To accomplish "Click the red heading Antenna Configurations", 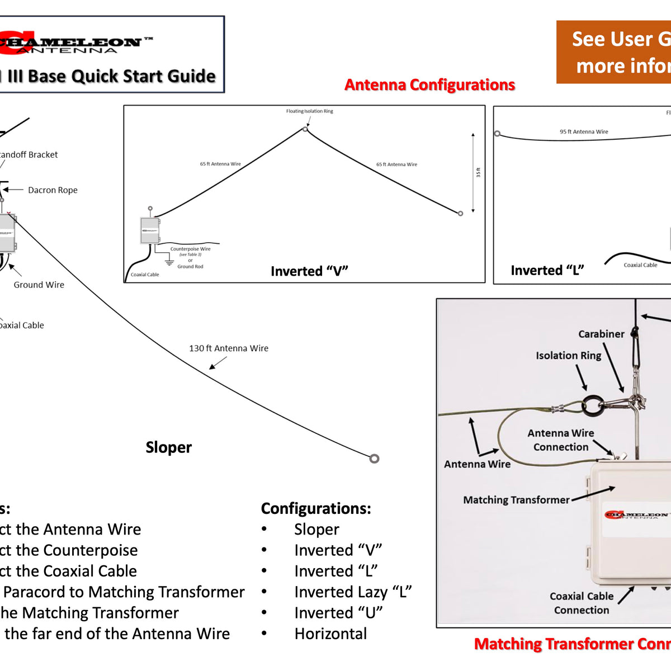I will point(429,85).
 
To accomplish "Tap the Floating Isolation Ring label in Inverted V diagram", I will point(309,111).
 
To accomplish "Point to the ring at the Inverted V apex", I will point(305,129).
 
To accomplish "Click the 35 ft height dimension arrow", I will point(473,173).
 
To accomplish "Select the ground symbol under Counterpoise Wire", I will point(169,261).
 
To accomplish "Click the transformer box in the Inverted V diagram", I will point(150,230).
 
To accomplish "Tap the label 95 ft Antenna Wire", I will point(584,132).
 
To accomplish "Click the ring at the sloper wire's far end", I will point(374,459).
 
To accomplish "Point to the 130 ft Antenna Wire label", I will point(229,348).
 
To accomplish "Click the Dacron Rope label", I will point(53,190).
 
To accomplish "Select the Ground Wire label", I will point(39,285).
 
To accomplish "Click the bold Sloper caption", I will point(168,447).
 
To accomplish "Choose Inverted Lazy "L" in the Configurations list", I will point(353,592).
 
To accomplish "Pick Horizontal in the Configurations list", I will point(330,634).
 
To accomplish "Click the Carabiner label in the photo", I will point(601,334).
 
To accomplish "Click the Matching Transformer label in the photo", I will point(516,500).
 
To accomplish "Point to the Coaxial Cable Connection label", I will point(582,603).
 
